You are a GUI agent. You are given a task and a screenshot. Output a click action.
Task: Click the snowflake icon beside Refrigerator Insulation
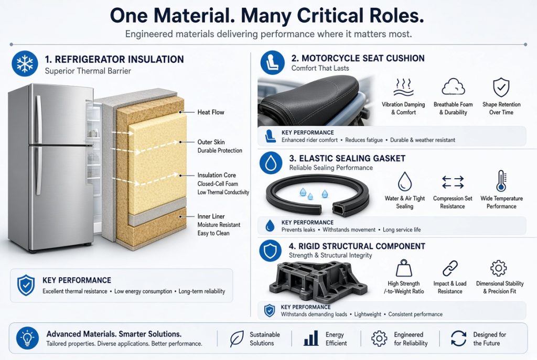click(x=25, y=63)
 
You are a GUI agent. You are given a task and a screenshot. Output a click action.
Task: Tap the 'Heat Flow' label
click(x=211, y=112)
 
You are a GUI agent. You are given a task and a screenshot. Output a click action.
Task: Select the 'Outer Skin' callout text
click(x=211, y=142)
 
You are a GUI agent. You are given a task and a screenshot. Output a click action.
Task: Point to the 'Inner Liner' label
click(x=211, y=216)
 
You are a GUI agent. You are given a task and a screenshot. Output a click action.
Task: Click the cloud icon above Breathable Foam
click(x=453, y=86)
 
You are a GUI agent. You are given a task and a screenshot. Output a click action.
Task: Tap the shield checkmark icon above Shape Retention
click(x=501, y=88)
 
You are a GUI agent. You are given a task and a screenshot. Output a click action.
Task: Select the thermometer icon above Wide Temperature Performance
click(x=501, y=181)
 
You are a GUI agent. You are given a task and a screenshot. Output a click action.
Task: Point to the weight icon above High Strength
click(x=404, y=268)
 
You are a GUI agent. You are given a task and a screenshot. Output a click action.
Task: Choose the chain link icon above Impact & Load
click(x=450, y=268)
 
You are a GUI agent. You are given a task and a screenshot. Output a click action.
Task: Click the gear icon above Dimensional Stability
click(x=498, y=268)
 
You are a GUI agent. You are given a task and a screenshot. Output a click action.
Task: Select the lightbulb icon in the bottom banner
click(x=27, y=339)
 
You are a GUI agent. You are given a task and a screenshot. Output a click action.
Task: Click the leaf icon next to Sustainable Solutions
click(x=237, y=339)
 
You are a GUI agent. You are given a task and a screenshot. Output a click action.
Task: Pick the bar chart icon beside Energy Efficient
click(x=311, y=339)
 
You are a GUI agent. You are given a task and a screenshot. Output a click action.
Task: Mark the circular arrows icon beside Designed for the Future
click(x=458, y=339)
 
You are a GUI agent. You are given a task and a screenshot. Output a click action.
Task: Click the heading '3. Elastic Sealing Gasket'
click(x=347, y=158)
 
